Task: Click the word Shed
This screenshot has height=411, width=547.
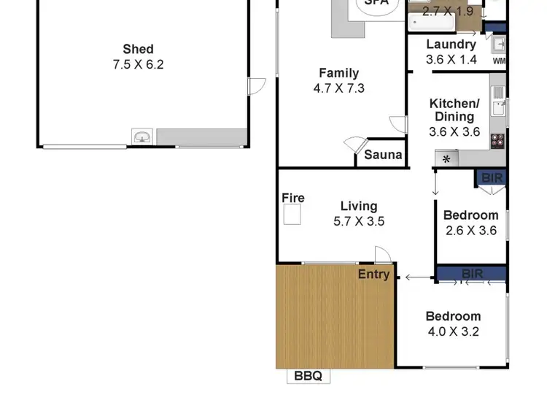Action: [138, 49]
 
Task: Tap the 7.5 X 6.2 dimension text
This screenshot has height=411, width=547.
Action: [138, 64]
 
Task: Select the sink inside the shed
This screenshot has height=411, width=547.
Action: [143, 137]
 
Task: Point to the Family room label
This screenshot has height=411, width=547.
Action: [338, 73]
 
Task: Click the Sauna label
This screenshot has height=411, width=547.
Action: [383, 155]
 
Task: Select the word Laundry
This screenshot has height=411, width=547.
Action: [451, 45]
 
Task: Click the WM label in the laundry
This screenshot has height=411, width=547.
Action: [499, 61]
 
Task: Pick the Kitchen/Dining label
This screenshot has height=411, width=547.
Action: [453, 110]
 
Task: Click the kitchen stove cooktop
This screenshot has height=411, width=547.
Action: [499, 140]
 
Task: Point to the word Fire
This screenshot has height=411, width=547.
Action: [293, 198]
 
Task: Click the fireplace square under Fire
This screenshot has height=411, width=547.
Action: [292, 215]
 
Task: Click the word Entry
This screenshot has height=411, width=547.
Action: [373, 274]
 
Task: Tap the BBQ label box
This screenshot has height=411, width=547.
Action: [308, 377]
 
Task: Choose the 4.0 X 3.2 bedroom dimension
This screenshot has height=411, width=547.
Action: [453, 331]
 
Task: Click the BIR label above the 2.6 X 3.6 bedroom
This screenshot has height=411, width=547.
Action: [492, 177]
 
